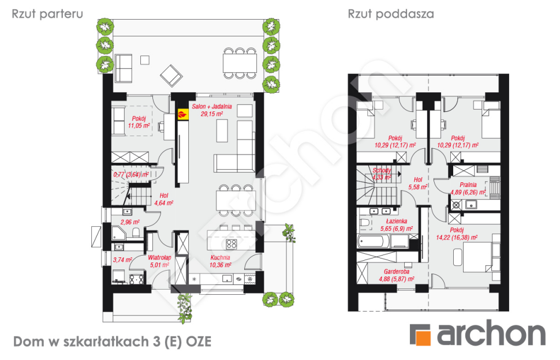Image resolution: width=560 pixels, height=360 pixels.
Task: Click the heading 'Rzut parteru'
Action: [x=47, y=14]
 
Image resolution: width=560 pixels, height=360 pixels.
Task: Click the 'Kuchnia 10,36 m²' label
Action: [x=220, y=261]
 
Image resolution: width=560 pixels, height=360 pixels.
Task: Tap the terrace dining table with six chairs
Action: [x=238, y=62]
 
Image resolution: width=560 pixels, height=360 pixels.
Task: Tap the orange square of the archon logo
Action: [x=421, y=335]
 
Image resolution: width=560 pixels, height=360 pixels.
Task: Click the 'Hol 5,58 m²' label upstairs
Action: [x=417, y=183]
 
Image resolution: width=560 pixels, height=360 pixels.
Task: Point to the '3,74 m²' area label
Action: [x=122, y=261]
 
